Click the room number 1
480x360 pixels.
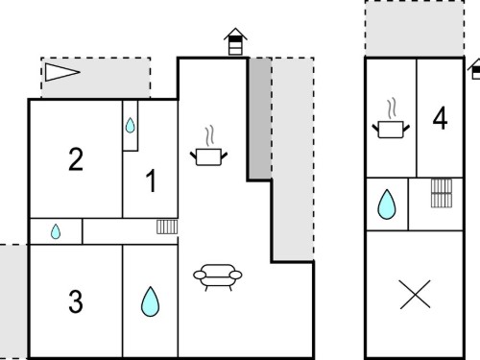click(x=152, y=180)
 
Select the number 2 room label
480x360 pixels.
click(x=76, y=159)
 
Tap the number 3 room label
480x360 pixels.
click(x=76, y=301)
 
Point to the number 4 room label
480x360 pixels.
click(x=440, y=118)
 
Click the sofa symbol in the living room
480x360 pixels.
click(x=218, y=277)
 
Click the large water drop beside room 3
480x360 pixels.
click(x=150, y=301)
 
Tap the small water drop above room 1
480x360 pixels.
click(x=130, y=125)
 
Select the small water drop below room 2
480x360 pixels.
click(x=56, y=231)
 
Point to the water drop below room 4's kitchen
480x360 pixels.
click(x=387, y=204)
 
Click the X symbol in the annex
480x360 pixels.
click(x=415, y=295)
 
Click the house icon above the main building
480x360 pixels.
click(x=235, y=41)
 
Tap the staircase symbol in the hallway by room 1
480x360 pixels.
click(x=167, y=227)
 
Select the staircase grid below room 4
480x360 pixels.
click(x=442, y=193)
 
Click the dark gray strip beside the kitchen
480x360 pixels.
click(x=260, y=118)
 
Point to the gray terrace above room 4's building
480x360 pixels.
click(x=415, y=29)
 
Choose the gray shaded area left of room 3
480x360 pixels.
click(x=13, y=301)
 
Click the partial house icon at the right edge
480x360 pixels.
click(x=474, y=69)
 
